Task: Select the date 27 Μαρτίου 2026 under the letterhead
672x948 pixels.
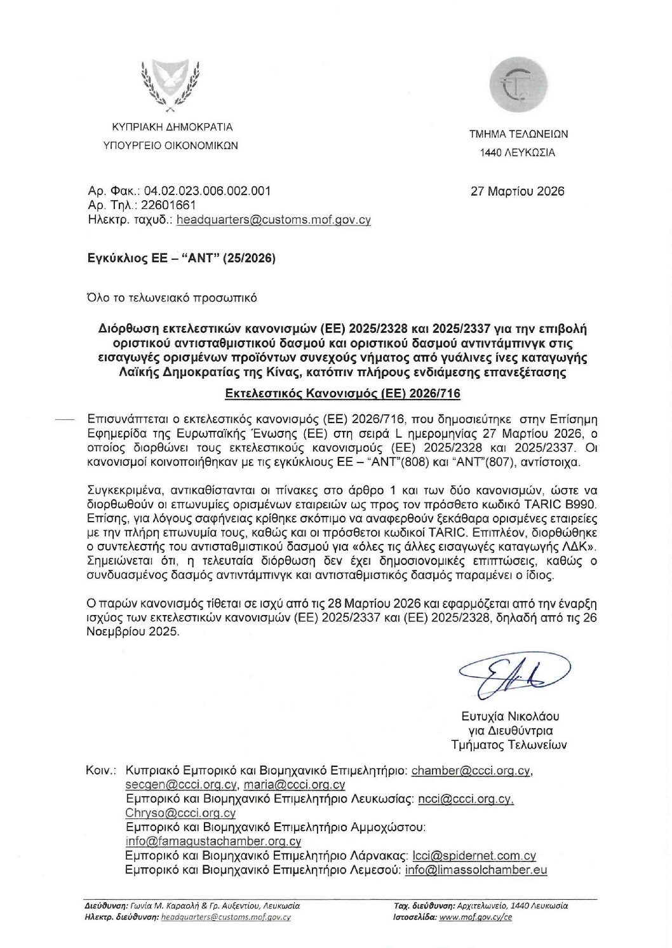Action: [x=517, y=191]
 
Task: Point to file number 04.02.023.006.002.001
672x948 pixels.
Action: [x=207, y=191]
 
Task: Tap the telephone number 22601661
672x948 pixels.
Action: [x=168, y=205]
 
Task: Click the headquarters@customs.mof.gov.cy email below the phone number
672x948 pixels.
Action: [x=273, y=220]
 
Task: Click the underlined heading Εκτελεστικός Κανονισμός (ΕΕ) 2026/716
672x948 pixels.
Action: [x=343, y=394]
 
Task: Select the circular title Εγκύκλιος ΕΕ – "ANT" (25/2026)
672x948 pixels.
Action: [x=181, y=258]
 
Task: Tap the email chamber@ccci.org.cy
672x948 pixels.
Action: [x=471, y=771]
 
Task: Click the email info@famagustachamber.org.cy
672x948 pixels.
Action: [x=213, y=841]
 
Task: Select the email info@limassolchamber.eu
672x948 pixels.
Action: [x=476, y=870]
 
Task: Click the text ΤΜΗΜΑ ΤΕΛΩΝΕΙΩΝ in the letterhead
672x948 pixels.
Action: [x=518, y=134]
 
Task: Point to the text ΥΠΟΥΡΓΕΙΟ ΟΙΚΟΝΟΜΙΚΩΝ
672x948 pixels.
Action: [x=170, y=146]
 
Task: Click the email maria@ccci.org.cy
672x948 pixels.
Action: [x=294, y=785]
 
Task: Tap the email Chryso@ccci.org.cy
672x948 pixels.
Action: [x=180, y=813]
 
